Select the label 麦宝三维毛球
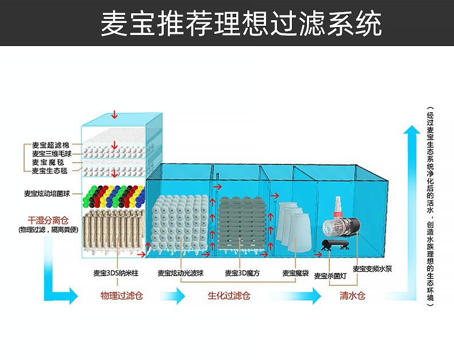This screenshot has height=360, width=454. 51,154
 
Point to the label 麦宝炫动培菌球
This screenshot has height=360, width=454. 51,194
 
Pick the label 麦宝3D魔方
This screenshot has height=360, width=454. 241,274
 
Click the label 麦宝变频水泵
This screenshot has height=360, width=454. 372,269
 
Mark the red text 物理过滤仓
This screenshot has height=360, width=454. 121,296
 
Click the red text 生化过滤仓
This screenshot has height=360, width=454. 229,296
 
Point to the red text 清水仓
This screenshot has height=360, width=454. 352,296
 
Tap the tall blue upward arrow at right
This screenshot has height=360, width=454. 411,207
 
